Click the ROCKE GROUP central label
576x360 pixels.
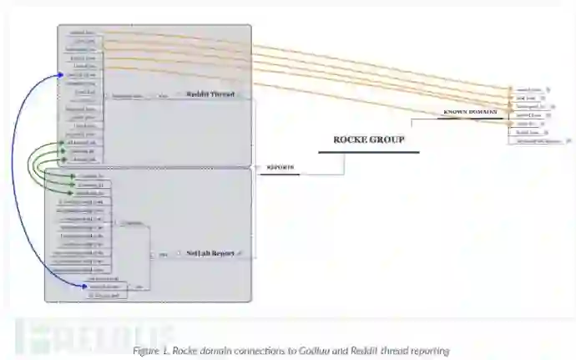point(368,139)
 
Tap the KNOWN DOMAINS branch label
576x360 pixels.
point(469,111)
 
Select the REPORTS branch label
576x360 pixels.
point(280,167)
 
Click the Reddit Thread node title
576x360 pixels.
point(210,94)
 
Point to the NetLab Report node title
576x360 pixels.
point(210,251)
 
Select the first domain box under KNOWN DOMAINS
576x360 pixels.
point(528,89)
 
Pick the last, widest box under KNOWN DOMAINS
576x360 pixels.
point(535,140)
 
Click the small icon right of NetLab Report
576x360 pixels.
point(240,251)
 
